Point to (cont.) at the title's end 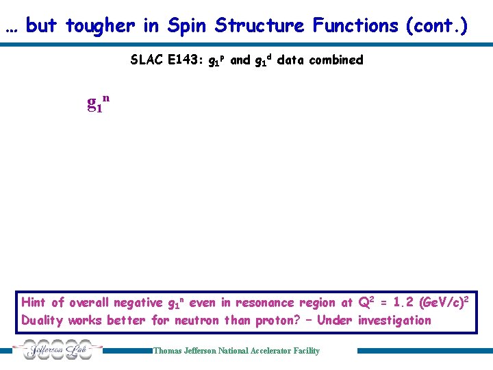[x=436, y=26]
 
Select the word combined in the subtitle [x=336, y=60]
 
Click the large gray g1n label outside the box [x=98, y=103]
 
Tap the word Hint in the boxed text [x=34, y=302]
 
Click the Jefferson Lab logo [x=60, y=350]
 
